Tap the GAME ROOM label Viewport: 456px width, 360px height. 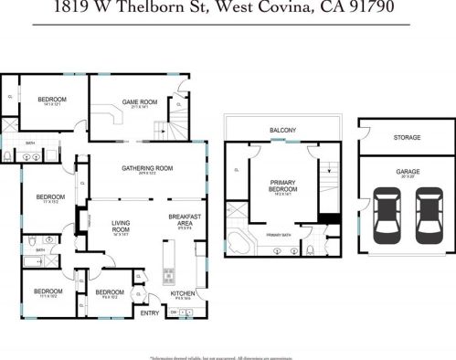[141, 102]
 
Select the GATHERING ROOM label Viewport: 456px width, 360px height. [147, 168]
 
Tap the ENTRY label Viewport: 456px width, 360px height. [149, 312]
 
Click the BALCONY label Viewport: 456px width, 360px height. [282, 131]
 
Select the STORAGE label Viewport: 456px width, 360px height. [407, 138]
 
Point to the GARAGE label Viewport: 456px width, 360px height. [407, 170]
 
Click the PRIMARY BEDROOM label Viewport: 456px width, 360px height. [282, 186]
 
